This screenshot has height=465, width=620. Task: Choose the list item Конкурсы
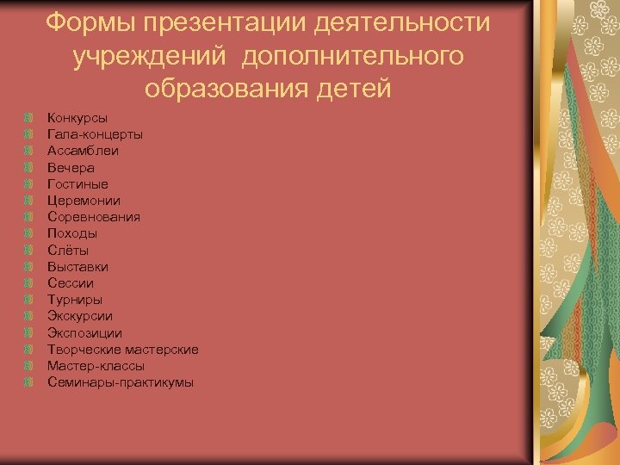[x=77, y=117]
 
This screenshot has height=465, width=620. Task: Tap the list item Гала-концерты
[x=96, y=133]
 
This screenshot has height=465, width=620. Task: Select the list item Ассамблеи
[x=84, y=151]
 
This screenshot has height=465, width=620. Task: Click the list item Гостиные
[x=78, y=183]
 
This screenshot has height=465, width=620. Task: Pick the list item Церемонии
[x=84, y=201]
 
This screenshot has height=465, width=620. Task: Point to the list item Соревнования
[x=94, y=217]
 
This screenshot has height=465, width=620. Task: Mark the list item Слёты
[x=68, y=250]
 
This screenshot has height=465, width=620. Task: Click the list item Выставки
[x=78, y=267]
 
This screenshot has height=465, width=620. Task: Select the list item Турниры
[x=75, y=300]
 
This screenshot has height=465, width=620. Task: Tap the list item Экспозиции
[x=85, y=332]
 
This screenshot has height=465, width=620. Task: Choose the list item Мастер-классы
[x=96, y=366]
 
